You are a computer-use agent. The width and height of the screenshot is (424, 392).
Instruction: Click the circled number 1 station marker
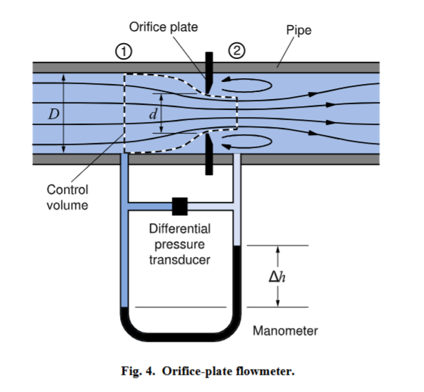124,51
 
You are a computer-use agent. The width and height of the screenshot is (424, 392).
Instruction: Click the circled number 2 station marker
237,50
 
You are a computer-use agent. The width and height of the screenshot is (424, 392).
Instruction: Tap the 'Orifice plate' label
163,27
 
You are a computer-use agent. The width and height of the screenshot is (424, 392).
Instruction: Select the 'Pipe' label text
299,30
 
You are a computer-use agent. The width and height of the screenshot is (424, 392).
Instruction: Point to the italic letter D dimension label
54,114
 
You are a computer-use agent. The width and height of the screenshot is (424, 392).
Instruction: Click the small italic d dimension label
153,114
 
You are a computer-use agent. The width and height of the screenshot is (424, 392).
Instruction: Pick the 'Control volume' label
68,197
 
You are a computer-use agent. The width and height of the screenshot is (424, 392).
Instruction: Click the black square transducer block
180,206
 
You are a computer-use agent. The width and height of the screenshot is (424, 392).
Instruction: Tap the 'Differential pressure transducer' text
180,244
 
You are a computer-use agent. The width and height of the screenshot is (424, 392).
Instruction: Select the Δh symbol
277,276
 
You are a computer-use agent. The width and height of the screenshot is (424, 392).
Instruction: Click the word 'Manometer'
285,331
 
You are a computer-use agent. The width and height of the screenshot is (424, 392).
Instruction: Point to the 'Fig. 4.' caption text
138,371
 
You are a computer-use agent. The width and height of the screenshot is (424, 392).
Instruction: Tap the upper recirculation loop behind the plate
246,85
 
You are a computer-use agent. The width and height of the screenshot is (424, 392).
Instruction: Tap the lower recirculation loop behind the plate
246,141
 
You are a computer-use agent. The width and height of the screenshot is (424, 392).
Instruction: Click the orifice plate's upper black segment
209,73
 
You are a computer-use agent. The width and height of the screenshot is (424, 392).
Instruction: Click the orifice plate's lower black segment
209,154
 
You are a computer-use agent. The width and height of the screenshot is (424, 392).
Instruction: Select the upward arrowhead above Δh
277,249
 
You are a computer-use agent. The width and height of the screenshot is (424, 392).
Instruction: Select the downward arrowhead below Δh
277,303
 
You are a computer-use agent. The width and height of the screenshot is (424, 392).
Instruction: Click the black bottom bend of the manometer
180,337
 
